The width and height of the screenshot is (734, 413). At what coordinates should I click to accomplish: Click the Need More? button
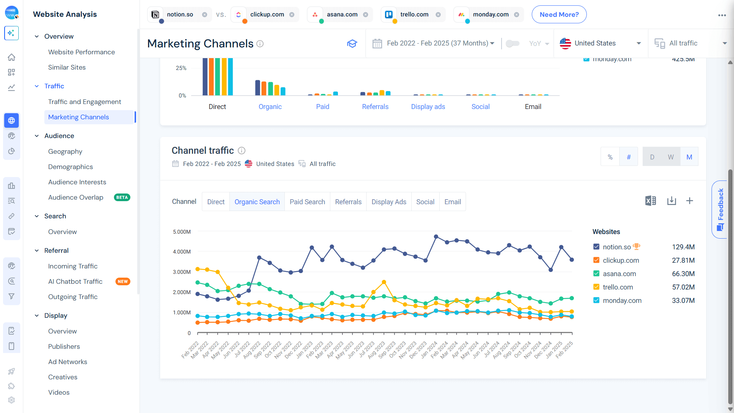point(559,15)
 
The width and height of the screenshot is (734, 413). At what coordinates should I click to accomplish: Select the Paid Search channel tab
point(307,202)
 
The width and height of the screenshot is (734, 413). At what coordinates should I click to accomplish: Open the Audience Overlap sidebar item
point(76,197)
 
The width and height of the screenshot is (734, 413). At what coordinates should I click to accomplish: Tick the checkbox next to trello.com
point(596,287)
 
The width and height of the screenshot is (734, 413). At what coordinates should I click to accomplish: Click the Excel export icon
point(650,201)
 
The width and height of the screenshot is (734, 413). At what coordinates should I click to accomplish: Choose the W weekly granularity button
point(671,157)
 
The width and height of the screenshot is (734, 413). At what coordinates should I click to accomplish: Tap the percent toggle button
point(610,157)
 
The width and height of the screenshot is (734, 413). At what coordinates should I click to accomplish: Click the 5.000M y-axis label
point(182,232)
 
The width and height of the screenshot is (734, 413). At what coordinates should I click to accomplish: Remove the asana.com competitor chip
point(365,15)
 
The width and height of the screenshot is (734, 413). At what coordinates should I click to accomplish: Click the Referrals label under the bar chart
point(375,107)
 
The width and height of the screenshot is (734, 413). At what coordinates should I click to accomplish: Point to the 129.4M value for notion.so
point(683,247)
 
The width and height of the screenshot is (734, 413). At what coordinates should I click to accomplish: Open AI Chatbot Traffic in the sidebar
point(75,281)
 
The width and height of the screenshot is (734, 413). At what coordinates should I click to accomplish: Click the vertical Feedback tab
point(720,209)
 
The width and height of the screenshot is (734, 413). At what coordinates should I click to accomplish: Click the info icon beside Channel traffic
point(242,151)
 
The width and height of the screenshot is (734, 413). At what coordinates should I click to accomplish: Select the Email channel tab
point(452,202)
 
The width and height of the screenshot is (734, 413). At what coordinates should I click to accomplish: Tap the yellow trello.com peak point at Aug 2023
point(384,282)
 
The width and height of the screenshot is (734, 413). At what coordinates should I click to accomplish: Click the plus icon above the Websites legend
point(689,201)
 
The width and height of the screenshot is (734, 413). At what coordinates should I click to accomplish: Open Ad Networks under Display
point(68,362)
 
